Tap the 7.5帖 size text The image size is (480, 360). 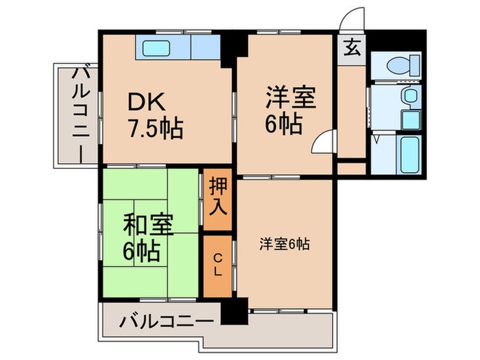pos(154,129)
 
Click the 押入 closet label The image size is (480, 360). pos(217,195)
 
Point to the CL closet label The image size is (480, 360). pos(217,265)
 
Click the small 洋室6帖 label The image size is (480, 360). pos(283,243)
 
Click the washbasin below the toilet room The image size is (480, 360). pos(410,97)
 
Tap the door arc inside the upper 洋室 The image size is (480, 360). pos(321,142)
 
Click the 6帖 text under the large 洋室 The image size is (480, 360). pos(284,125)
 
